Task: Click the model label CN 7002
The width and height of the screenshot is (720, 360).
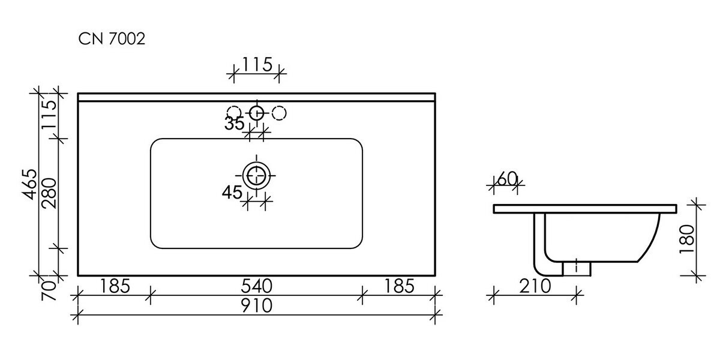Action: (x=112, y=39)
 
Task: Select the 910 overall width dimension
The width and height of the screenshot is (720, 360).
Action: (x=257, y=305)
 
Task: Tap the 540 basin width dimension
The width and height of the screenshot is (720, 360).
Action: (x=257, y=286)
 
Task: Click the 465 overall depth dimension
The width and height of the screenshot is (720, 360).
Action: (x=29, y=184)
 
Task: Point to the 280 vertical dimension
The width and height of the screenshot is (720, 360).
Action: (x=49, y=193)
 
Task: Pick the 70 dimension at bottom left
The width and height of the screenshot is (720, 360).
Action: (x=49, y=290)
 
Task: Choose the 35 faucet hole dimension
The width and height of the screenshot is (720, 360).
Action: (x=235, y=124)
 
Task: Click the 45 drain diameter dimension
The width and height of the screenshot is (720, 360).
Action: (x=232, y=192)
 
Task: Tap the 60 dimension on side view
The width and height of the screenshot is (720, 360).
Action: (x=507, y=179)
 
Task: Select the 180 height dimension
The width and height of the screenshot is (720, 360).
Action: (x=687, y=239)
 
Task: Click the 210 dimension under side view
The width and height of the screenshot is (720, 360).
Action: (x=535, y=286)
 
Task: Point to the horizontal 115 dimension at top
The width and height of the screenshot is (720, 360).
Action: (x=257, y=64)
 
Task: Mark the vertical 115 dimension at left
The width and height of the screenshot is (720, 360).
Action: (x=49, y=115)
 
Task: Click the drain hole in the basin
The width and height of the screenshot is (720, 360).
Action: (x=256, y=175)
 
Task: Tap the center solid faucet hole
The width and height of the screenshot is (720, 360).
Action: (x=257, y=113)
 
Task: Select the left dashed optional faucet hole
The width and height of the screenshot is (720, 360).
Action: (x=234, y=113)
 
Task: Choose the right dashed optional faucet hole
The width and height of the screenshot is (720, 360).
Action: (x=279, y=113)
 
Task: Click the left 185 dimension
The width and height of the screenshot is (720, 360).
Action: (x=115, y=286)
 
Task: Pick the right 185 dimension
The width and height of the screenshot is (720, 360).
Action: (x=399, y=286)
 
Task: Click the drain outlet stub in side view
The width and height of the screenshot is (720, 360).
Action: (x=577, y=269)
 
